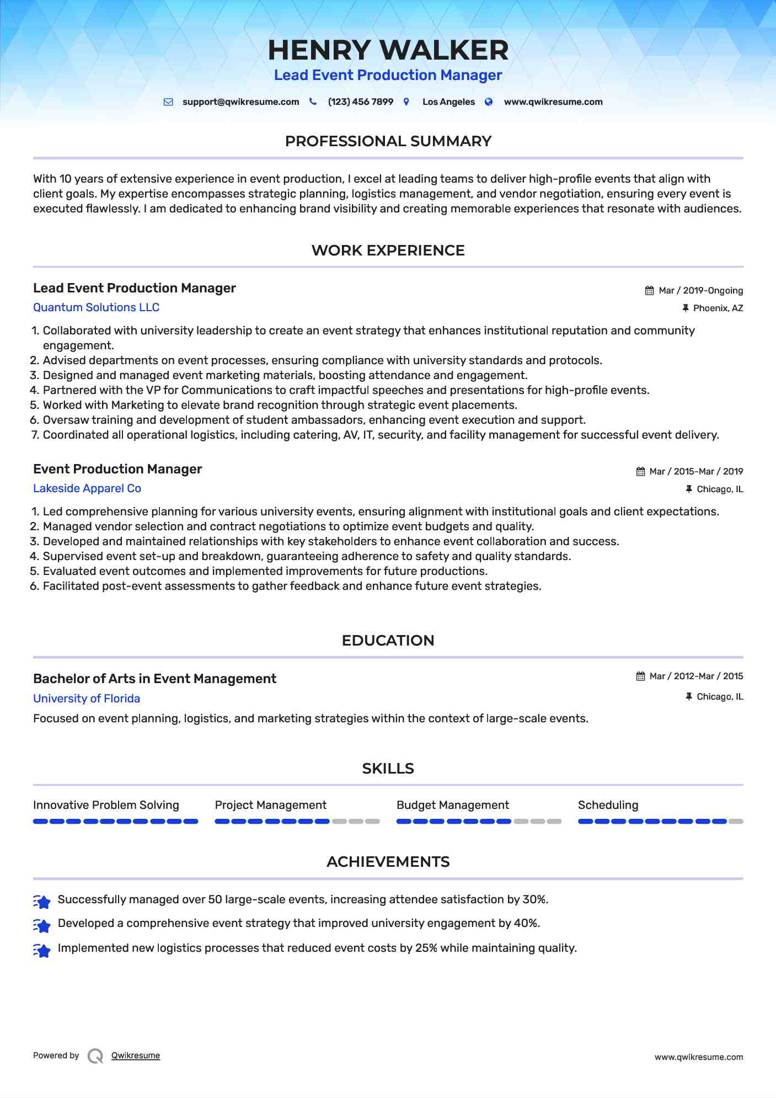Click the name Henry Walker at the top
point(388,50)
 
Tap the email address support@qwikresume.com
point(240,102)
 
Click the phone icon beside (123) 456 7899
point(313,102)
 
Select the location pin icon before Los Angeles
point(406,102)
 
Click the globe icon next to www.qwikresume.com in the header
point(489,102)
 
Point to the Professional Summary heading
point(388,141)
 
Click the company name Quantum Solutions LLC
point(96,307)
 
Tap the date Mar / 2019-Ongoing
point(700,291)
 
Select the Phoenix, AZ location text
point(718,308)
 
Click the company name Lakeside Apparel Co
point(87,488)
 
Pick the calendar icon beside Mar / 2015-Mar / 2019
point(640,472)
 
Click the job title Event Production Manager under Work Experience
point(117,469)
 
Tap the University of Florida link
point(87,699)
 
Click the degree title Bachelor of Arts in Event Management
point(154,679)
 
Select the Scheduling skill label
point(608,805)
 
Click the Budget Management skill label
point(452,805)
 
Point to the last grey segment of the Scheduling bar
point(736,822)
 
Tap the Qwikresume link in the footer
point(135,1056)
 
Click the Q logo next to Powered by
point(95,1056)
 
